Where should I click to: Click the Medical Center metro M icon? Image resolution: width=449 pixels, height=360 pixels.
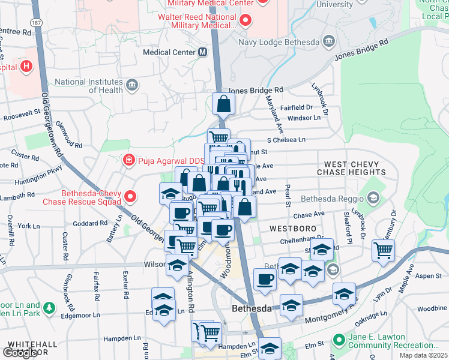click(x=202, y=52)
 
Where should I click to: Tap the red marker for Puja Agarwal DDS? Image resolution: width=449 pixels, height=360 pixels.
click(x=128, y=160)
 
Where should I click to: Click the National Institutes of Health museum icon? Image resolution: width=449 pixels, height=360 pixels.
click(x=132, y=85)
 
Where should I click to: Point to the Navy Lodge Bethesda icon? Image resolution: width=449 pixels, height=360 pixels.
click(x=329, y=41)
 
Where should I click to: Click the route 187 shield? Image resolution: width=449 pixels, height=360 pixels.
click(x=37, y=22)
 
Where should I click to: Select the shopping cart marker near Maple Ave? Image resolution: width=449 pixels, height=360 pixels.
click(x=383, y=250)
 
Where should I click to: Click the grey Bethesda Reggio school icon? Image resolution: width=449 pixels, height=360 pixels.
click(x=373, y=198)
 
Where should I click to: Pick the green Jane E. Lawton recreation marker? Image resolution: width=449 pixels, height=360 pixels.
click(x=339, y=341)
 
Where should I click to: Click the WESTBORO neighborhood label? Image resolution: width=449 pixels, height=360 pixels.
click(x=289, y=229)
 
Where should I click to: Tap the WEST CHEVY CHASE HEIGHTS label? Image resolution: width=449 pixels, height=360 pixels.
click(x=352, y=168)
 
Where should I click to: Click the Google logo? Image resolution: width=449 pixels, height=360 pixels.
click(x=20, y=353)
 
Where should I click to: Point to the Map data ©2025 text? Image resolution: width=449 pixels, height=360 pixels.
click(x=423, y=355)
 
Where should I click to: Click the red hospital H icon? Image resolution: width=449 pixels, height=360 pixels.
click(x=26, y=67)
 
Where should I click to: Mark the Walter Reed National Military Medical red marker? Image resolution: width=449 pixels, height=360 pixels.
click(x=246, y=21)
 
